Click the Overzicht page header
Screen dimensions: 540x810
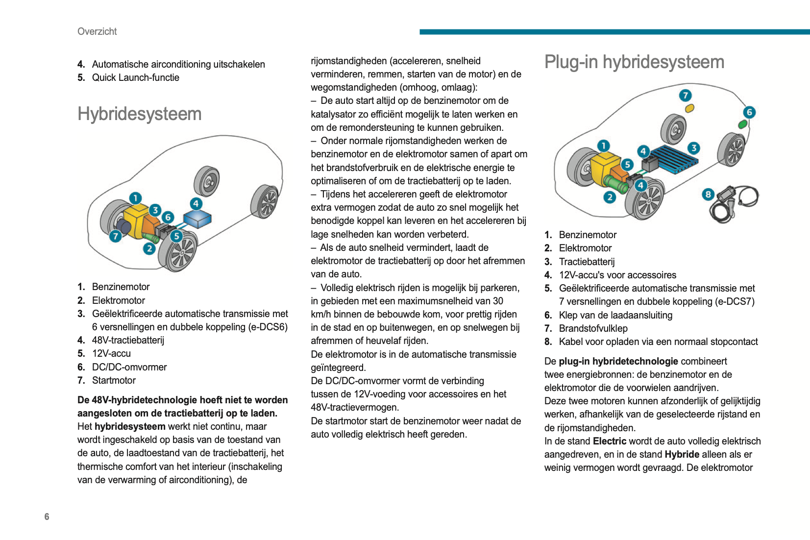pyautogui.click(x=97, y=31)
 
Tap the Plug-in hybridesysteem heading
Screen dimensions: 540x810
pyautogui.click(x=634, y=62)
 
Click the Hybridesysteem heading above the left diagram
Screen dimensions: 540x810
pyautogui.click(x=139, y=114)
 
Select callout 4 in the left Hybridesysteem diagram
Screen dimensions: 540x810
pyautogui.click(x=196, y=204)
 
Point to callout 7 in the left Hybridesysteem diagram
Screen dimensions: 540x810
pyautogui.click(x=115, y=236)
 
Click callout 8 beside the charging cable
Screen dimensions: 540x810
pyautogui.click(x=708, y=195)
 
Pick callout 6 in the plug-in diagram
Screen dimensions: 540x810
pyautogui.click(x=749, y=112)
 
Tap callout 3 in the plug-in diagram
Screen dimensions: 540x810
pyautogui.click(x=693, y=148)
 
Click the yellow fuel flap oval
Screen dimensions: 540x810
pyautogui.click(x=689, y=108)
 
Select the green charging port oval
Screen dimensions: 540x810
pyautogui.click(x=743, y=124)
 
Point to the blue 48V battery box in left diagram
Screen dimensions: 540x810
pyautogui.click(x=197, y=219)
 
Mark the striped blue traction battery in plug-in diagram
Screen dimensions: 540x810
pyautogui.click(x=674, y=159)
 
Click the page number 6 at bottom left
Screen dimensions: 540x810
pyautogui.click(x=47, y=516)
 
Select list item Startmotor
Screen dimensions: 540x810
pyautogui.click(x=114, y=380)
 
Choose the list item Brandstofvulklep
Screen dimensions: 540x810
pyautogui.click(x=593, y=328)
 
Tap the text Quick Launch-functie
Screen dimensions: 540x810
pyautogui.click(x=135, y=77)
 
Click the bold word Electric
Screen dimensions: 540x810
pyautogui.click(x=610, y=441)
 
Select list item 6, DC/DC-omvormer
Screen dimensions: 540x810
pyautogui.click(x=129, y=367)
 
